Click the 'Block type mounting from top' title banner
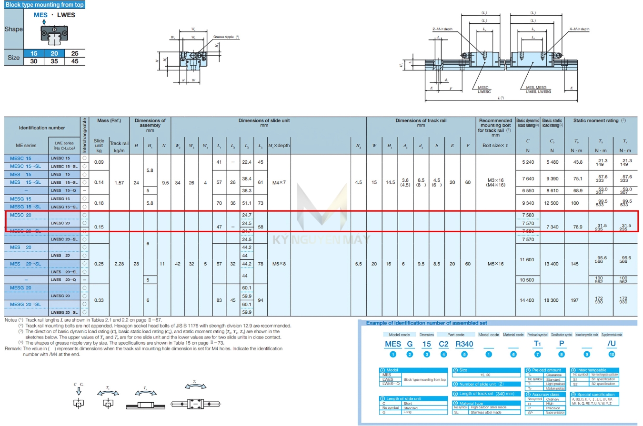coord(44,4)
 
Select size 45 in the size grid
coord(75,61)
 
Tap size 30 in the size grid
coord(34,61)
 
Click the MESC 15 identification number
coord(20,158)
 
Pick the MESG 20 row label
coord(20,287)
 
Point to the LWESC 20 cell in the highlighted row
coord(60,223)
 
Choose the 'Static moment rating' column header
coord(599,121)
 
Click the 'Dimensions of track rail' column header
coord(421,120)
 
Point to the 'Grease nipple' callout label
coord(225,37)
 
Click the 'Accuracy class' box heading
coord(548,395)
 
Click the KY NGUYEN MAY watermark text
coord(321,239)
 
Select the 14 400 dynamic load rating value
coord(527,300)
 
